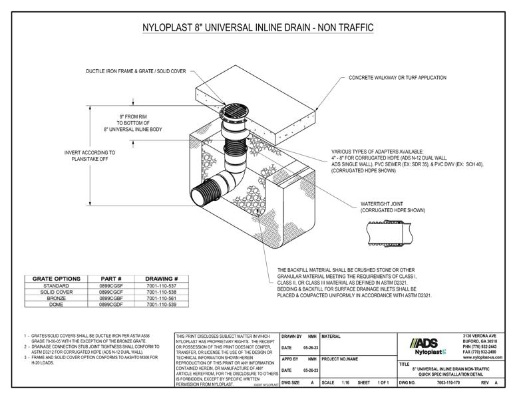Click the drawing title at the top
tap(258, 28)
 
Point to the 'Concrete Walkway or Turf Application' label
tap(397, 78)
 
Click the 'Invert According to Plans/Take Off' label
tap(90, 156)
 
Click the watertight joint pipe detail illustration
tap(388, 232)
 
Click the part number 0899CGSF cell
tap(110, 286)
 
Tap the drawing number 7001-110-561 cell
tap(162, 298)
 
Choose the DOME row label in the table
tap(56, 304)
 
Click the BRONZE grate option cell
tap(56, 298)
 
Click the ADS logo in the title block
tap(424, 342)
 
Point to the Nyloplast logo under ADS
tap(429, 352)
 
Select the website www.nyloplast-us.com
tap(480, 357)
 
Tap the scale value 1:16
tap(345, 384)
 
